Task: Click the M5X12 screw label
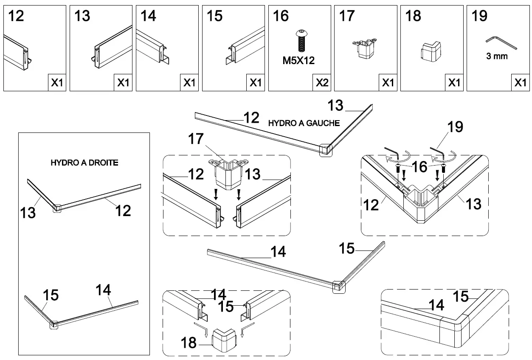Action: [298, 60]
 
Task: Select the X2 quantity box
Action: [321, 82]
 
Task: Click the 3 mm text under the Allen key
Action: [497, 56]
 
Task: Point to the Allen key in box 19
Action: [501, 42]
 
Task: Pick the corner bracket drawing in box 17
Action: [365, 48]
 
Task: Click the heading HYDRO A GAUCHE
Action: [304, 123]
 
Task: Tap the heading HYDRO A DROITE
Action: [84, 163]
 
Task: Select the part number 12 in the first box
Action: [15, 16]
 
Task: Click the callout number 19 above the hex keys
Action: [455, 127]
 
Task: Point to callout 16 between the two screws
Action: [419, 167]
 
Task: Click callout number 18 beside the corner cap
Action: [189, 342]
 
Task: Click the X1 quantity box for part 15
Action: [255, 82]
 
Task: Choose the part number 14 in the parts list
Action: [148, 16]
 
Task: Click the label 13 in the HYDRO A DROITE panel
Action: [28, 212]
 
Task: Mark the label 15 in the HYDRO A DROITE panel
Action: [51, 295]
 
